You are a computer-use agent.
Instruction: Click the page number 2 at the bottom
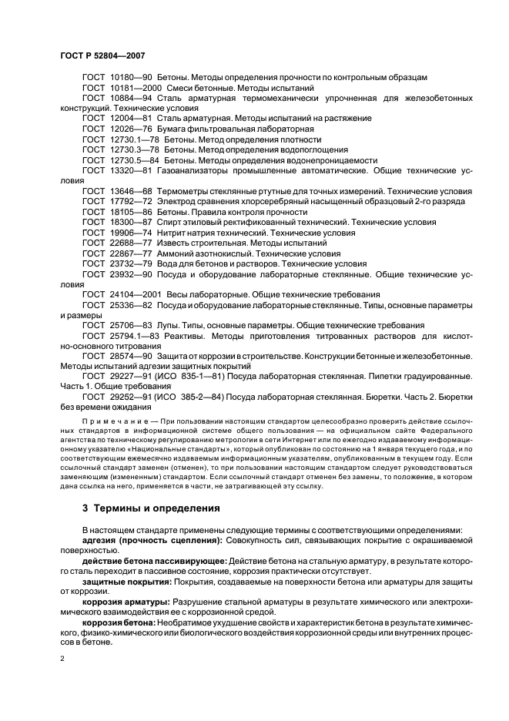tap(63, 659)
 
